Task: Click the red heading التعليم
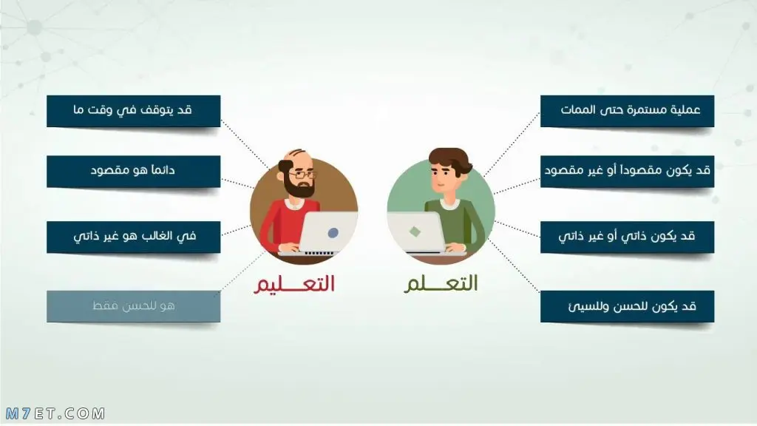click(x=294, y=283)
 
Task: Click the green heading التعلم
click(x=441, y=283)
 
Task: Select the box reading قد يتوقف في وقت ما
click(x=133, y=111)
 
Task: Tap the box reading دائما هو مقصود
click(x=133, y=172)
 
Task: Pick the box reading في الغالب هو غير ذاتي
click(x=133, y=237)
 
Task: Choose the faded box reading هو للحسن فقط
click(x=133, y=306)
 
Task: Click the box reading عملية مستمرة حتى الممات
click(x=627, y=111)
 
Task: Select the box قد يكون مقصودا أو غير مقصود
click(x=627, y=172)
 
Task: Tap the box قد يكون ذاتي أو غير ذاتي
click(x=627, y=237)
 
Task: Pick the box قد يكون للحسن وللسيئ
click(x=627, y=306)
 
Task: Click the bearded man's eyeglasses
click(x=302, y=174)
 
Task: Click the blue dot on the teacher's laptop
click(x=333, y=233)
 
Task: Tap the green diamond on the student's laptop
click(x=415, y=231)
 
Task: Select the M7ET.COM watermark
click(x=55, y=413)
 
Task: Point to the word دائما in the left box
click(x=162, y=170)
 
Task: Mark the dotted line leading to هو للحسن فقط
click(x=240, y=272)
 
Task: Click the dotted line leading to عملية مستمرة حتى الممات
click(x=512, y=144)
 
